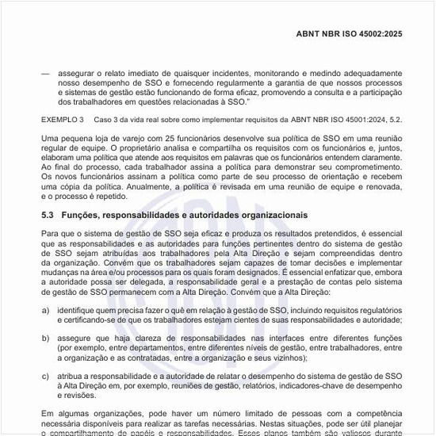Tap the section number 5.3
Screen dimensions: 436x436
[48, 216]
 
